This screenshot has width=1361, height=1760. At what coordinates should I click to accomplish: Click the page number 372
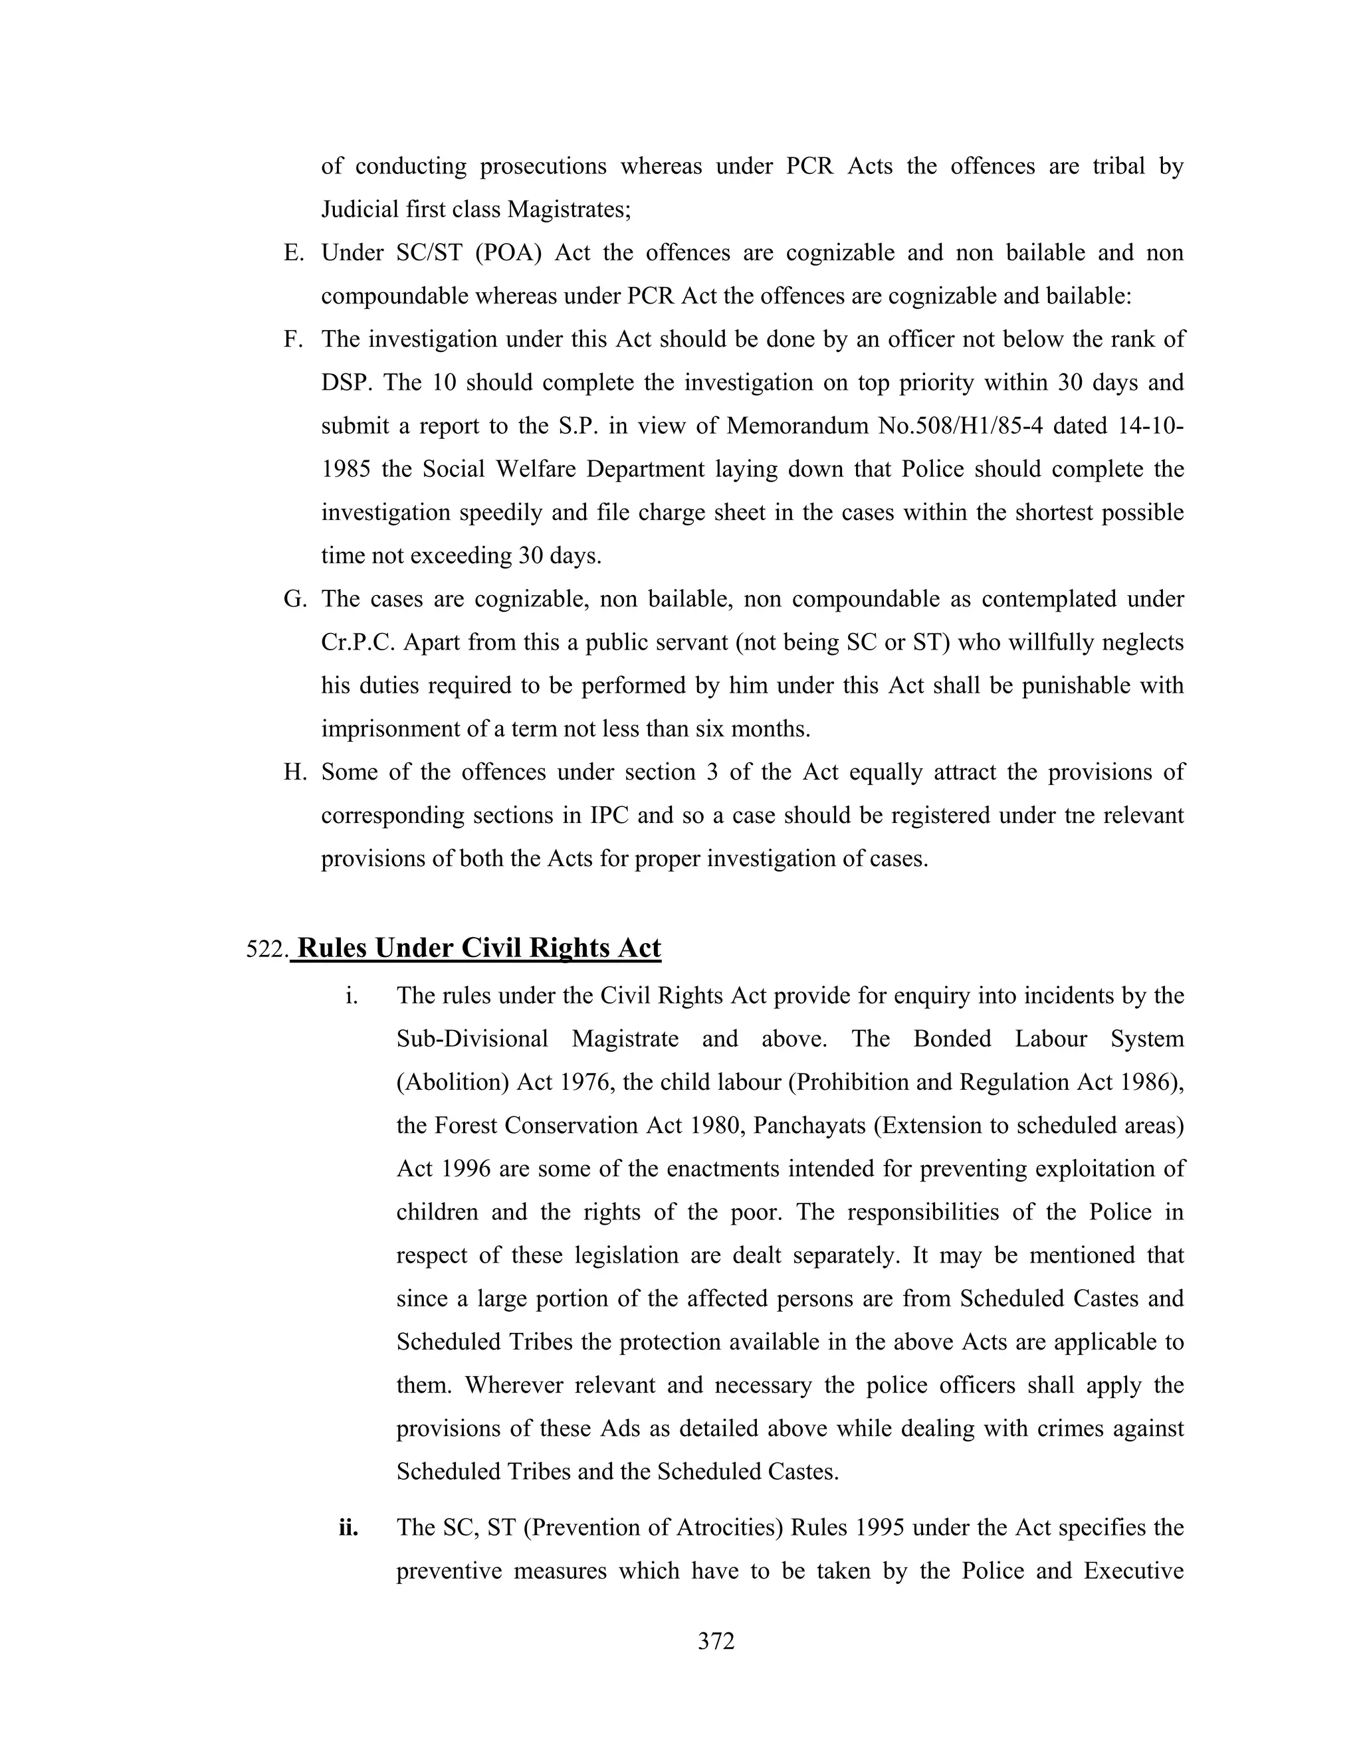coord(716,1640)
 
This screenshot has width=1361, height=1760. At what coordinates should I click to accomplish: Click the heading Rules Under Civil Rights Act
coord(479,948)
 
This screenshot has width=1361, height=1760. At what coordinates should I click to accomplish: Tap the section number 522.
coord(266,950)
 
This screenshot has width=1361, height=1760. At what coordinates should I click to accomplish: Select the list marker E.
coord(294,253)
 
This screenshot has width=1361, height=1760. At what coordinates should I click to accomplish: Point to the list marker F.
coord(294,339)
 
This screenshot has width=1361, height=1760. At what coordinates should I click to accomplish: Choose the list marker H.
coord(294,772)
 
